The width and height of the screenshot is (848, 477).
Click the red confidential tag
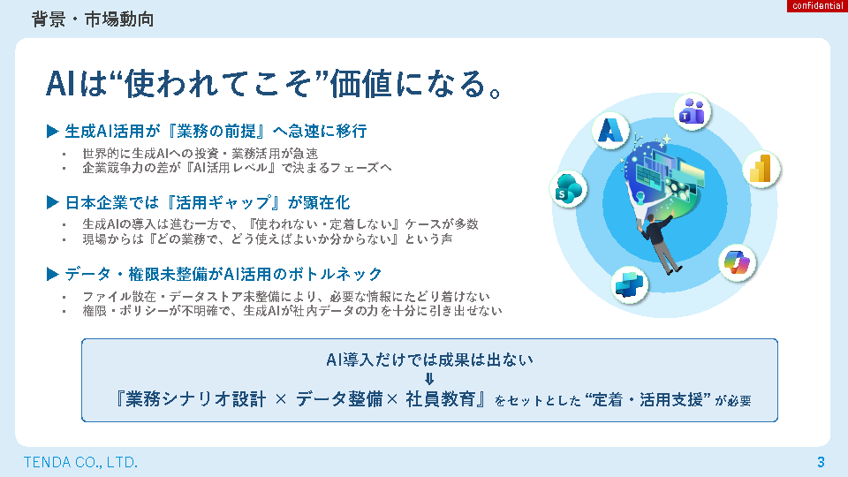[817, 6]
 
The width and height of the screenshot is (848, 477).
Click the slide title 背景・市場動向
[93, 19]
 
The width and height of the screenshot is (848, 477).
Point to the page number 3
[821, 462]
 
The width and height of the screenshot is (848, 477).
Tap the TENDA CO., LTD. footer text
[80, 462]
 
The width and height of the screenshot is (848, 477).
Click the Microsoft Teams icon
[692, 111]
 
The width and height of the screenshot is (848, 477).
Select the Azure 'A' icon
[610, 131]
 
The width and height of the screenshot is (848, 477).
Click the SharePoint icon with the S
[568, 189]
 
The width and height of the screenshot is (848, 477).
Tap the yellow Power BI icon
[761, 170]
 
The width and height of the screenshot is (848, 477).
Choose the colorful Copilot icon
[737, 262]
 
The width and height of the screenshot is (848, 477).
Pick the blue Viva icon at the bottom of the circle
[630, 284]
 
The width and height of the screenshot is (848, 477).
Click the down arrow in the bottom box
[429, 379]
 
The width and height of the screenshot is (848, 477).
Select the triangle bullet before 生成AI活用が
[52, 131]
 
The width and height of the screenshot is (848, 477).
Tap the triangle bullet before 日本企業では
[52, 203]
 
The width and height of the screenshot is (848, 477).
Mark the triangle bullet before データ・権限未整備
[52, 274]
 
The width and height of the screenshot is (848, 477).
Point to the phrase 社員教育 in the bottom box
[440, 399]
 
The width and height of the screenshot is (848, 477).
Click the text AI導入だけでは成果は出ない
[429, 360]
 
